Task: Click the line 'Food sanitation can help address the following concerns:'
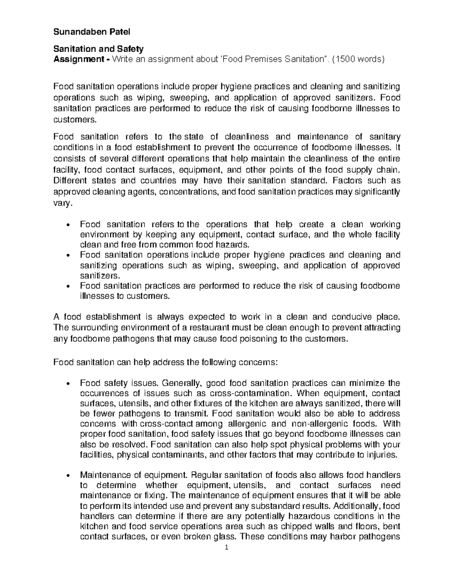coord(166,362)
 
